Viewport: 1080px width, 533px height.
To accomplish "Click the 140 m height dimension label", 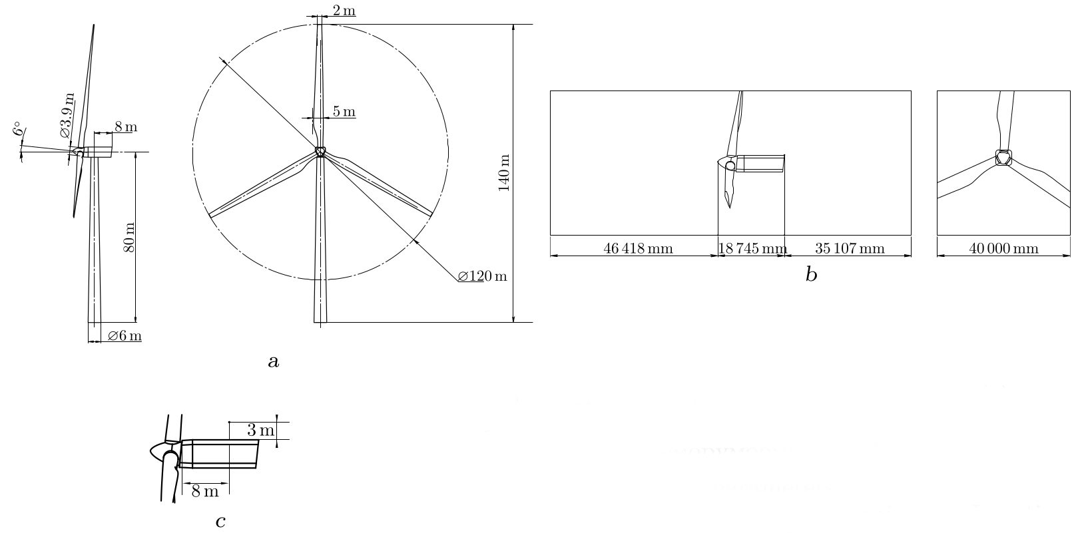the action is click(x=504, y=172).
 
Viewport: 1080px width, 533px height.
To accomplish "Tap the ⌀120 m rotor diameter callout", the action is click(x=482, y=276).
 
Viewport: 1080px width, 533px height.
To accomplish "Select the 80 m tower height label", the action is click(x=129, y=238).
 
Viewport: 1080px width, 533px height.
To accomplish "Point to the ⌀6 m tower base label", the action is click(x=125, y=335).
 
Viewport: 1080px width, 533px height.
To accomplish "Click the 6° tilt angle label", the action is click(x=18, y=128).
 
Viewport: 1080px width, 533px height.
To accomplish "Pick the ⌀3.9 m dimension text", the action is click(x=67, y=115).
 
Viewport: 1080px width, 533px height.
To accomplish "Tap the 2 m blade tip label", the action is click(x=344, y=10).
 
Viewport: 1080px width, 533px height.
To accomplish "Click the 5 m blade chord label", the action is click(x=344, y=111).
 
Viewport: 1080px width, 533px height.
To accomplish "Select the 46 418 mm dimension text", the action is click(x=638, y=248).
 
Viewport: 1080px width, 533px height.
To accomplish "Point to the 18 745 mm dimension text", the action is click(x=752, y=248).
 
